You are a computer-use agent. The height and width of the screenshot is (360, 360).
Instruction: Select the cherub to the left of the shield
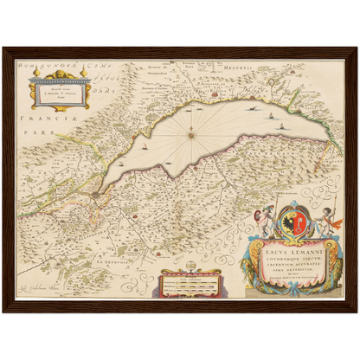(x=268, y=218)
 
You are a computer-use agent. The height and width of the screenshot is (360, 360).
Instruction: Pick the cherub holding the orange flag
(x=326, y=220)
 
